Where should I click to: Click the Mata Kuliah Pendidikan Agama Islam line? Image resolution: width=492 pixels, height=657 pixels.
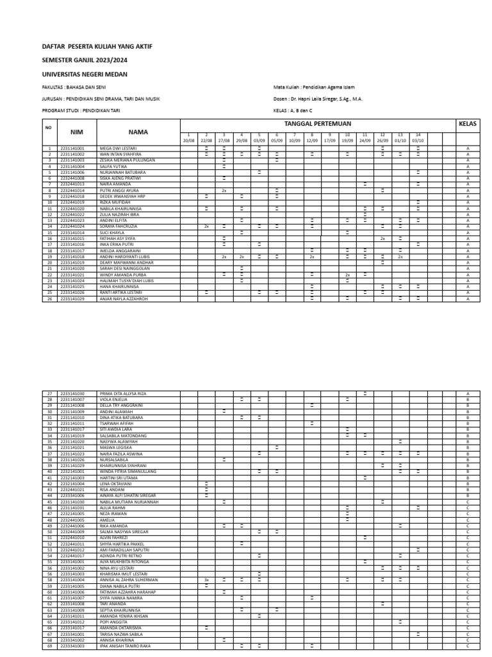pos(314,87)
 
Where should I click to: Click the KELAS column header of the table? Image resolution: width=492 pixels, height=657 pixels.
pos(468,123)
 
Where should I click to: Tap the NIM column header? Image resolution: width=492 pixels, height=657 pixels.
pos(77,132)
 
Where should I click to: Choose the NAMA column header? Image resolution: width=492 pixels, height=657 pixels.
pos(138,132)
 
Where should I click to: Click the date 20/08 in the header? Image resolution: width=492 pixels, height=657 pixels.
pos(188,140)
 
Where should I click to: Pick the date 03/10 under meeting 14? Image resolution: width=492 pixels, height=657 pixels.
pos(418,140)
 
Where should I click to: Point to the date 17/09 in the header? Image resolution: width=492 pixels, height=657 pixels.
pos(329,140)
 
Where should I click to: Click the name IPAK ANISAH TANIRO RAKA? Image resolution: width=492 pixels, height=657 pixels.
pos(125,645)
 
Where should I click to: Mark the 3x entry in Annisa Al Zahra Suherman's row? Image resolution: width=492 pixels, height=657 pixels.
pos(206,579)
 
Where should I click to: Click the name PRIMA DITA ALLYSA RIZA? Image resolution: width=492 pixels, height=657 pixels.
pos(123,393)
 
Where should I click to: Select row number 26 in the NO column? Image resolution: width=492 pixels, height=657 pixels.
pos(49,299)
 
